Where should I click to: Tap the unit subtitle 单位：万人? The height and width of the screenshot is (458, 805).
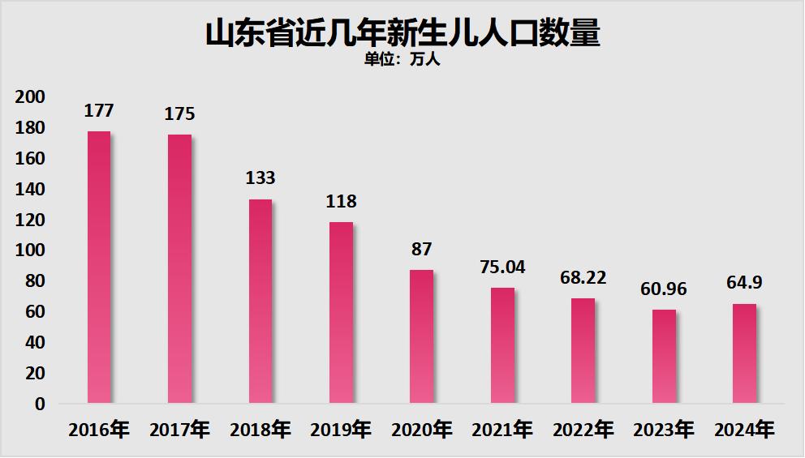[402, 59]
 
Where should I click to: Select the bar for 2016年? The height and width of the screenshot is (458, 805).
[99, 268]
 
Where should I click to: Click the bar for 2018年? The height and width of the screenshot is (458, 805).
[260, 302]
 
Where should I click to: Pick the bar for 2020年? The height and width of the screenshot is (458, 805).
[421, 336]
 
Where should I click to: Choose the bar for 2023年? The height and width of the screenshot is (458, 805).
[664, 357]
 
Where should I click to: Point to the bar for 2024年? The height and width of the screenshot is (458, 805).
[744, 353]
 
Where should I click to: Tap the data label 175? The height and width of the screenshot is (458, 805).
[179, 114]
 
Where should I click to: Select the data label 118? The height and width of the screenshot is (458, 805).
[341, 201]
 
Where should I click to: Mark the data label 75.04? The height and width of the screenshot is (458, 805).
[502, 267]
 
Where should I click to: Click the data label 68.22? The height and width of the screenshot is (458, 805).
[583, 277]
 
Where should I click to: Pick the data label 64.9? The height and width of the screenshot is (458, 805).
[744, 283]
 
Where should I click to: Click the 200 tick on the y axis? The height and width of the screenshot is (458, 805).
[30, 97]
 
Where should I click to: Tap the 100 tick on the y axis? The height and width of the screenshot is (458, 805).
[30, 250]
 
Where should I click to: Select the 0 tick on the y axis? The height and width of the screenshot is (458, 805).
[40, 404]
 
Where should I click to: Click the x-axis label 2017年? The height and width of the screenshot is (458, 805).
[179, 430]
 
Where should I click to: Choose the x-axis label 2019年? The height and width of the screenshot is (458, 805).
[341, 430]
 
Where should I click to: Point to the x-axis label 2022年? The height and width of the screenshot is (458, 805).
[583, 430]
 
